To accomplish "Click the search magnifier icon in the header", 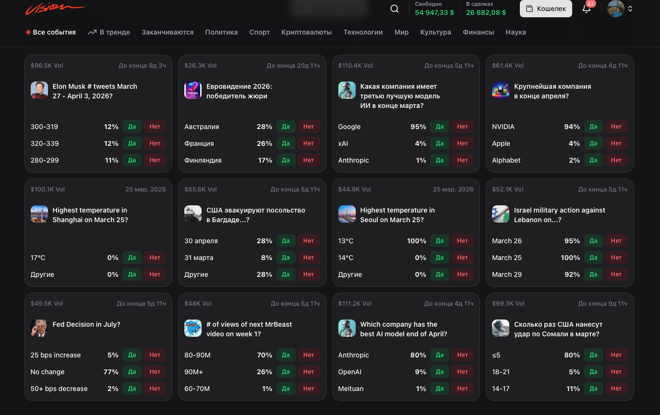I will (x=395, y=9).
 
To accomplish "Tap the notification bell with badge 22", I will (x=587, y=9).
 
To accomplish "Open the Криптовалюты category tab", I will (x=306, y=32).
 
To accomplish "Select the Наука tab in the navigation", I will (x=516, y=32).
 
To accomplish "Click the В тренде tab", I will (x=109, y=32).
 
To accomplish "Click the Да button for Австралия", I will (x=286, y=127).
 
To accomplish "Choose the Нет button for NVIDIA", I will (x=616, y=127).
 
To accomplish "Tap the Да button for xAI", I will (x=439, y=143).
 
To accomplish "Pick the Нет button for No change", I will (x=155, y=372).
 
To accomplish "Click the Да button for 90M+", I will (x=286, y=372).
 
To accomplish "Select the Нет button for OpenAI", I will (x=462, y=372).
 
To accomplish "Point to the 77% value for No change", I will (x=111, y=372).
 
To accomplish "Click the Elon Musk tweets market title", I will (x=95, y=91).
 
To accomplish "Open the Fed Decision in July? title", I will (x=86, y=324).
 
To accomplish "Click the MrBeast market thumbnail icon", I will (x=193, y=328).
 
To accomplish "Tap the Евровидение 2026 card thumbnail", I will (x=193, y=90).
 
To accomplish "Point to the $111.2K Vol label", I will (x=354, y=303).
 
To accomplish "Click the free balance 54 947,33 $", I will (x=434, y=12).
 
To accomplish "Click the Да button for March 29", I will (x=593, y=274).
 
